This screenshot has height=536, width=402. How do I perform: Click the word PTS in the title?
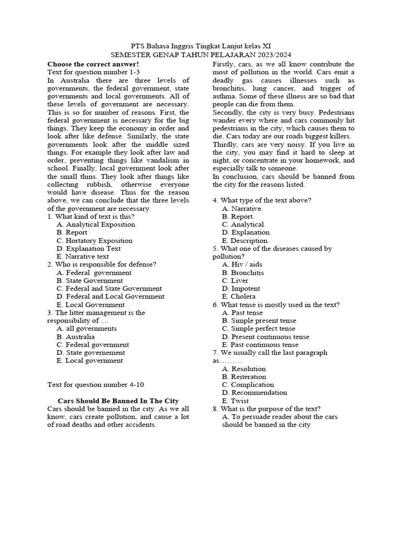coord(137,46)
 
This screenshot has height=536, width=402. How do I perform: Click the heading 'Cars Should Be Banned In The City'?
coord(118,400)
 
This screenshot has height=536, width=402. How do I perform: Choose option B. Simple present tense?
coord(259,321)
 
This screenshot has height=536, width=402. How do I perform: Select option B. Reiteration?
coord(244,377)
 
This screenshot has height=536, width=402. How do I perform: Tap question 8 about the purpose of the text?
coord(266,409)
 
